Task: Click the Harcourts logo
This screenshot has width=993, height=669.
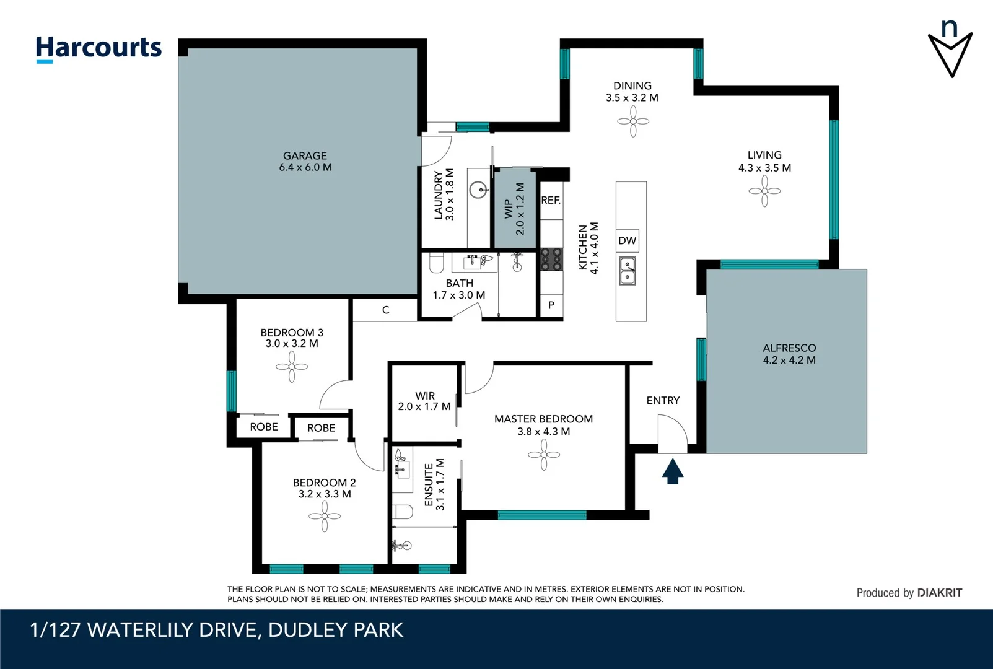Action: tap(98, 48)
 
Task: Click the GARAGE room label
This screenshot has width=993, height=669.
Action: tap(305, 156)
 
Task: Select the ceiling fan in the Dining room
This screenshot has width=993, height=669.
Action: tap(633, 121)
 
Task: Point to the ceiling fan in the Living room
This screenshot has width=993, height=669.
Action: tap(764, 191)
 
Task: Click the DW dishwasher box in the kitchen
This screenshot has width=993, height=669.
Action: tap(627, 241)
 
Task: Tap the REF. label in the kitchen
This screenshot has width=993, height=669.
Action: tap(551, 200)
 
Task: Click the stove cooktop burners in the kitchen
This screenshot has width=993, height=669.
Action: tap(551, 259)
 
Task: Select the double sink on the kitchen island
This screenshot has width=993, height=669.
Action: tap(628, 271)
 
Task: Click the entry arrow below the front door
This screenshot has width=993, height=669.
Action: tap(673, 471)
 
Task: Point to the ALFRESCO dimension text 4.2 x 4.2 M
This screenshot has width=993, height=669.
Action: tap(789, 360)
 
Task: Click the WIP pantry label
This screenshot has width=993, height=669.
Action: tap(509, 208)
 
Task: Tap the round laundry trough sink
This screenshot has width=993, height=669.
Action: tap(478, 190)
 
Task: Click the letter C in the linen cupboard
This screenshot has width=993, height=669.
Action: tap(385, 310)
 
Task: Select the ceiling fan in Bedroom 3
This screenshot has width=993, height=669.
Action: tap(292, 367)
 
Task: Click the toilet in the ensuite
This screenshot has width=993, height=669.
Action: tap(403, 512)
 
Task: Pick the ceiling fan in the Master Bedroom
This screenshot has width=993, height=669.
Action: tap(544, 455)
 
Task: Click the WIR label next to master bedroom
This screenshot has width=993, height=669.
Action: tap(425, 396)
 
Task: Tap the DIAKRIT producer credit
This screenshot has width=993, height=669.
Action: tap(939, 593)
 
